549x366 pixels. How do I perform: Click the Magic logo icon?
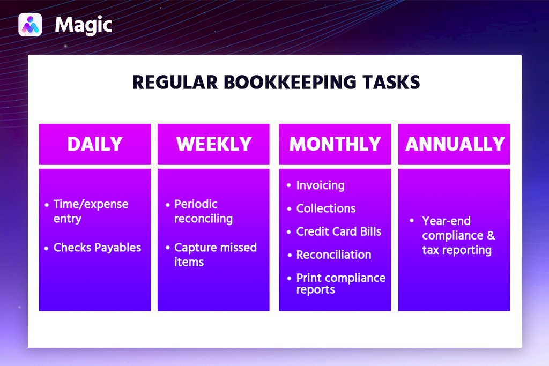[x=30, y=25]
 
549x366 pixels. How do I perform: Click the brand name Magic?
[x=84, y=25]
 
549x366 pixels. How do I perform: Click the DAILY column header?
[x=95, y=144]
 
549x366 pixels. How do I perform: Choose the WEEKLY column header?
[x=213, y=144]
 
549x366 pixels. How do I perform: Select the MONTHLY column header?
[x=335, y=144]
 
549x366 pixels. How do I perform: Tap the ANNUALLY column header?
[x=455, y=144]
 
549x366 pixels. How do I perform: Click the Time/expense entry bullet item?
[x=91, y=211]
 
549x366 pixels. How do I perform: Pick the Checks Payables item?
[x=97, y=248]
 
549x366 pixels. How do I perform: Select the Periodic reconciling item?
[x=203, y=211]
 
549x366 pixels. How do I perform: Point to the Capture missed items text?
[x=215, y=255]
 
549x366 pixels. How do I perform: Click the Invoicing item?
[x=320, y=185]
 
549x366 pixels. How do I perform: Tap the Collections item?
[x=326, y=208]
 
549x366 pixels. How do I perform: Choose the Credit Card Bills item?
[x=339, y=231]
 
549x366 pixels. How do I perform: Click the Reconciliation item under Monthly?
[x=333, y=255]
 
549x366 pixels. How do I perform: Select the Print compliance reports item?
[x=340, y=283]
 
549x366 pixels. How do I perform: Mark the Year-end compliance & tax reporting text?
[x=458, y=235]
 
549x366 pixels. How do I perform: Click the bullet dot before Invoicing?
[x=289, y=185]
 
